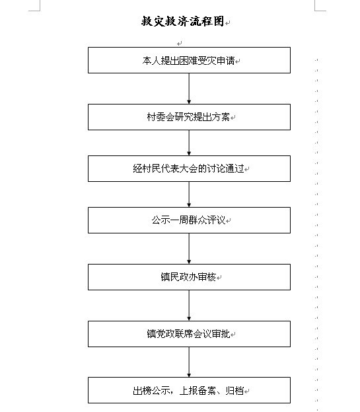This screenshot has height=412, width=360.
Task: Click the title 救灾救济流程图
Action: click(x=182, y=21)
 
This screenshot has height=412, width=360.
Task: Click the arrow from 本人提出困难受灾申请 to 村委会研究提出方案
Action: click(x=189, y=89)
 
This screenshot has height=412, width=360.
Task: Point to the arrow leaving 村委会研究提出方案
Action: click(x=189, y=143)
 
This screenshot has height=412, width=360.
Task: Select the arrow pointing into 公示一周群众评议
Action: click(x=189, y=194)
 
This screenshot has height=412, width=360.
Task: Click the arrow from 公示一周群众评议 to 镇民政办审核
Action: click(x=189, y=249)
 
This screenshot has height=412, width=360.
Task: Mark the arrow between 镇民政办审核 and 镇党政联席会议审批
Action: click(x=189, y=306)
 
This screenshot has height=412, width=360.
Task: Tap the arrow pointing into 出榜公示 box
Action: click(x=189, y=362)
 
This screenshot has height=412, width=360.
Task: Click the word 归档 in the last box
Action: click(x=235, y=391)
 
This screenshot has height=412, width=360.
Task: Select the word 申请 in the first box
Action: click(x=226, y=61)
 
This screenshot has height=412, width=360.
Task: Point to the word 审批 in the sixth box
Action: click(x=221, y=334)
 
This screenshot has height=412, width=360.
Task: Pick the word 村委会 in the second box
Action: click(x=161, y=117)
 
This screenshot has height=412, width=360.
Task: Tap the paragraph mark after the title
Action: click(x=228, y=23)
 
